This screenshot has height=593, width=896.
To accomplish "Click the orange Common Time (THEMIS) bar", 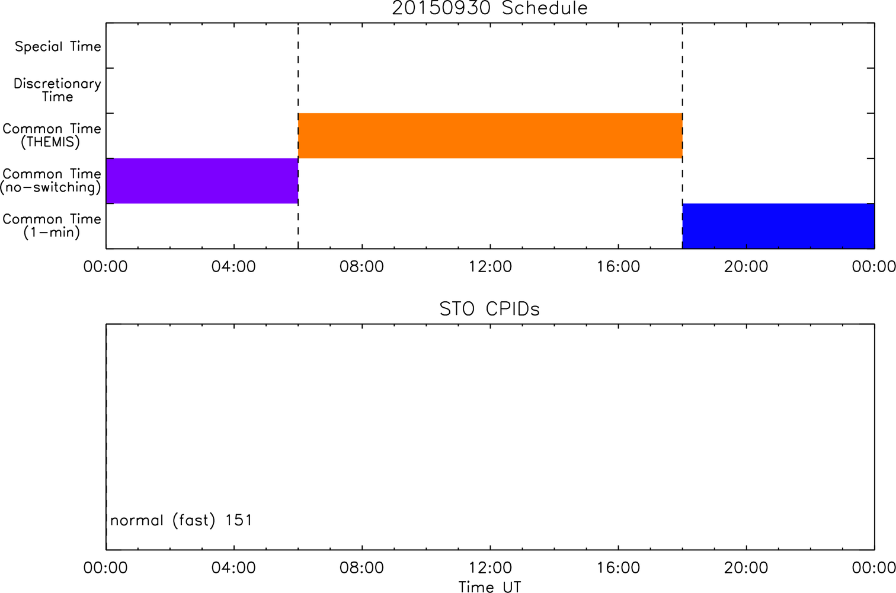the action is coord(490,136).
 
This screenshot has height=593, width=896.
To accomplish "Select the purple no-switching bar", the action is coord(202,181).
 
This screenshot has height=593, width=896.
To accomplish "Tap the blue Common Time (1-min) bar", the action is coord(779,226).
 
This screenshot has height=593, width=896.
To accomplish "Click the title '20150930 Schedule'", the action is coord(489,8).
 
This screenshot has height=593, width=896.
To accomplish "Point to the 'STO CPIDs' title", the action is coord(489,309).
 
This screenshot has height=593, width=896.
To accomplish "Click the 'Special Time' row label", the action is coord(58,46).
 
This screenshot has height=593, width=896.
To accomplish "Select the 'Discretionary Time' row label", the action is coord(57,90).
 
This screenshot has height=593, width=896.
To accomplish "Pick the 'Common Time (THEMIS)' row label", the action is coord(52,135).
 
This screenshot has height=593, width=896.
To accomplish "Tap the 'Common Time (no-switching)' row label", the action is coord(50,181).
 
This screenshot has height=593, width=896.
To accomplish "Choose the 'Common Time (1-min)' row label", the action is coord(52,226).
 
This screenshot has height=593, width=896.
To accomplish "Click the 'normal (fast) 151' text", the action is coord(181,521).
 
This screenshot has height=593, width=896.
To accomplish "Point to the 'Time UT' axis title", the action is coord(489,587).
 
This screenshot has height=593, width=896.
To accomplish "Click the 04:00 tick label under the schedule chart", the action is coord(233,267).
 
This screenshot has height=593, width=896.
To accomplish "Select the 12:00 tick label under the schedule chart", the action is coord(490,267).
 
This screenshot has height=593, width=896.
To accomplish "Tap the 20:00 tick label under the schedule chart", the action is coord(746,267).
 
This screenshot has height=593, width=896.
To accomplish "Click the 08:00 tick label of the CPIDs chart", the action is coord(361,568).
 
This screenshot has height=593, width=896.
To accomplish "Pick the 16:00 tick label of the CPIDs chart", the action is coord(618,568).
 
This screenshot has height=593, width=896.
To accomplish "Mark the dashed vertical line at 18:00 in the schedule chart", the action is coord(683,136).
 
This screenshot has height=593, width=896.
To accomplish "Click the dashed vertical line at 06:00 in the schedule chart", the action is coord(298,136).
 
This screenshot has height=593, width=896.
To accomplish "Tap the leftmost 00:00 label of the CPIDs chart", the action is coord(105,568).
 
